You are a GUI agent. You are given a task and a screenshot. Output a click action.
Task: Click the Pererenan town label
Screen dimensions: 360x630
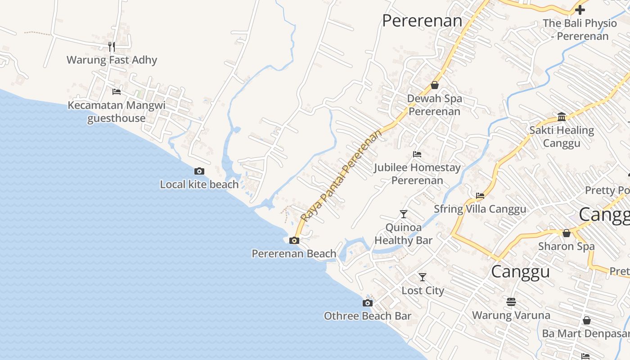pos(422,21)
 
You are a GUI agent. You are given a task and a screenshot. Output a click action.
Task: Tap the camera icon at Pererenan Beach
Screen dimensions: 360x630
pos(294,240)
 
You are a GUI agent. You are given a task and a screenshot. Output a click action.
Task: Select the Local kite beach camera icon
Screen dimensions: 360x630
pos(199,171)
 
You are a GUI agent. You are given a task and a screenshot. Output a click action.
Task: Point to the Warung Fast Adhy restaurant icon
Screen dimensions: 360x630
pos(112,46)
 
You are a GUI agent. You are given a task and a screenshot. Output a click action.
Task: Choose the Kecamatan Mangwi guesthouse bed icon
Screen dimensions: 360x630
pos(117,92)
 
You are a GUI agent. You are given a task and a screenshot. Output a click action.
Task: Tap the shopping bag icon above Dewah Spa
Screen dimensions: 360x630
pos(435,85)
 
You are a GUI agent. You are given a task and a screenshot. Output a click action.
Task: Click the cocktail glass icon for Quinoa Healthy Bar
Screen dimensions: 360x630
pos(404,214)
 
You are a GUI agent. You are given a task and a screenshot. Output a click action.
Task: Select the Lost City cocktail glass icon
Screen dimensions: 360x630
pos(422,277)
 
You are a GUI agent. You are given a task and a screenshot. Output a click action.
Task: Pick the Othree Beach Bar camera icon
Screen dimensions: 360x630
pos(368,303)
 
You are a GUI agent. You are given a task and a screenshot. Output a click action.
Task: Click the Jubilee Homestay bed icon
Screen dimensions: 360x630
pos(417,154)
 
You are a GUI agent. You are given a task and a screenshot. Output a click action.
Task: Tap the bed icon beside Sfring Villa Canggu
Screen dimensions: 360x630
pos(480,196)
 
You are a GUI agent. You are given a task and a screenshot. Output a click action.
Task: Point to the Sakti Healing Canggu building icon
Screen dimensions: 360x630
pos(562,117)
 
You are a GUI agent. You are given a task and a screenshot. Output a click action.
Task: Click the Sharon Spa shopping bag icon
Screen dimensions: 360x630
pos(567,233)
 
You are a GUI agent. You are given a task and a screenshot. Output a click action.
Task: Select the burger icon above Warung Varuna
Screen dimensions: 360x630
pos(511,301)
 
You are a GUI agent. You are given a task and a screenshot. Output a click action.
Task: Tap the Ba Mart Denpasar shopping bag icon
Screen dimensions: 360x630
pos(586,320)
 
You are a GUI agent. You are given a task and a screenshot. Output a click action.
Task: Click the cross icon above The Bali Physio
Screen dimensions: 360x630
pos(580,9)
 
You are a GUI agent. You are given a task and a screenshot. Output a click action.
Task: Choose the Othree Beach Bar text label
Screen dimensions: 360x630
pos(368,316)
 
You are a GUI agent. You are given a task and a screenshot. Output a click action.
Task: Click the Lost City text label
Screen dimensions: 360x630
pos(423,291)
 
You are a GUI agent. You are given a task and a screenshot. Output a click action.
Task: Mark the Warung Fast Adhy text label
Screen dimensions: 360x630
pos(112,60)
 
